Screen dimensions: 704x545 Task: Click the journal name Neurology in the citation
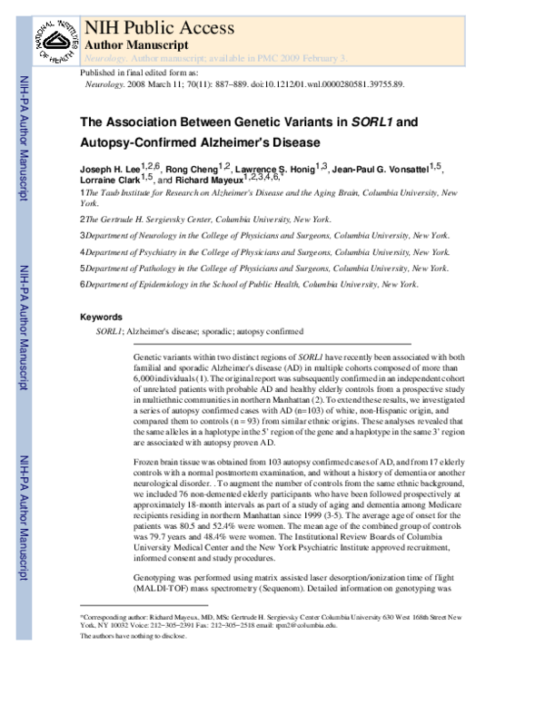click(x=106, y=83)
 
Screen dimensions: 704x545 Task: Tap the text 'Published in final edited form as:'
click(x=146, y=72)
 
